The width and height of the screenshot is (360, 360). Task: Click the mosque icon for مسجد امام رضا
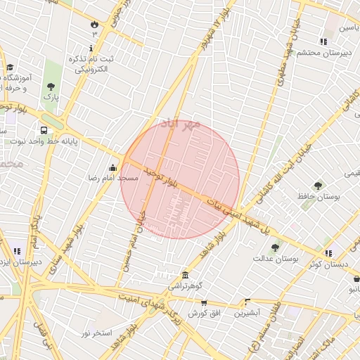[x=113, y=167]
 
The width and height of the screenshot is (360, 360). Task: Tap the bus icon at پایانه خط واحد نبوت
[x=44, y=130]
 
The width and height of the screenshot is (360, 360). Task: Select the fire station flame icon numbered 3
[x=94, y=23]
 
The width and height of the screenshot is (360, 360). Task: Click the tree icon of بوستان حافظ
[x=319, y=186]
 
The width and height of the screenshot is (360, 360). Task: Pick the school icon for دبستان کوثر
[x=328, y=252]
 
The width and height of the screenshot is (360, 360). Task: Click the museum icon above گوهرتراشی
[x=185, y=274]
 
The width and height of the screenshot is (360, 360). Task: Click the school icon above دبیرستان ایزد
[x=16, y=250]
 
